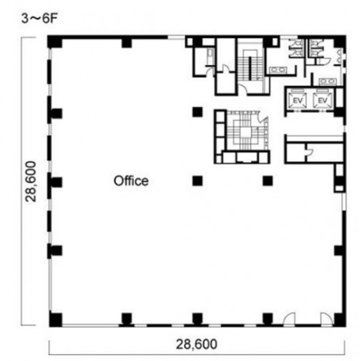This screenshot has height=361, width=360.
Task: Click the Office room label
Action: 131,180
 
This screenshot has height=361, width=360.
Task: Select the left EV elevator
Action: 297,100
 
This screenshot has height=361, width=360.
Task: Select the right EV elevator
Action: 323,100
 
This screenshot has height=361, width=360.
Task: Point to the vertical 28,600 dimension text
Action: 31,181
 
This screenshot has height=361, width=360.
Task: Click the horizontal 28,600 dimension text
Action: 196,344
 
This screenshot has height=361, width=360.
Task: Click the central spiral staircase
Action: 246,131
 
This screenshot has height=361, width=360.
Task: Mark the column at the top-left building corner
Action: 55,41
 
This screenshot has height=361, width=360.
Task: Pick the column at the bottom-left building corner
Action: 55,320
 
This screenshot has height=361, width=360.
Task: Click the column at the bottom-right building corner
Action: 339,320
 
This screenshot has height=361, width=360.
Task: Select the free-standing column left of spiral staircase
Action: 197,112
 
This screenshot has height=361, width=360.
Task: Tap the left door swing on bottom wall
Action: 289,319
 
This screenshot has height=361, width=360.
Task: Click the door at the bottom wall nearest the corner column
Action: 326,319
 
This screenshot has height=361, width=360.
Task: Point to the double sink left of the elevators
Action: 278,70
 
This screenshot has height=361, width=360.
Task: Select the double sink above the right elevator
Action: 327,81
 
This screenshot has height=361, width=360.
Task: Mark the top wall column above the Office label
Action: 127,42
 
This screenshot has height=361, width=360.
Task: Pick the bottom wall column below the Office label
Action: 126,319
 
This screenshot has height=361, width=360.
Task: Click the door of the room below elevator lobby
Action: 309,151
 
